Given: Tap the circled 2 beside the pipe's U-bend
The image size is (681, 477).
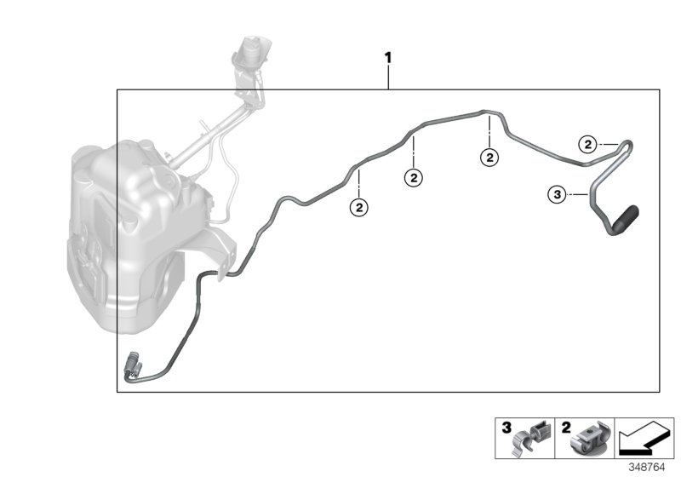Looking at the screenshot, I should (x=587, y=144).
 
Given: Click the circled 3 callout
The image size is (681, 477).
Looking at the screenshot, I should (x=557, y=195).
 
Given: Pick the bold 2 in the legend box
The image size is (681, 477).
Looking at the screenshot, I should (x=564, y=428).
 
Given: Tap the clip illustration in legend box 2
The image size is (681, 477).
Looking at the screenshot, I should (x=590, y=440).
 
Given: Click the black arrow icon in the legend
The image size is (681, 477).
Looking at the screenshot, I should (x=643, y=440).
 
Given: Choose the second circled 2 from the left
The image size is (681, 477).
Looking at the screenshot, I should (x=414, y=178).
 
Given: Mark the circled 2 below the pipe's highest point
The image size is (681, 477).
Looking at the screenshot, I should (x=489, y=157).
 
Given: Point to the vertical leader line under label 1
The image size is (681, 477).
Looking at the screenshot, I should (x=389, y=78).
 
